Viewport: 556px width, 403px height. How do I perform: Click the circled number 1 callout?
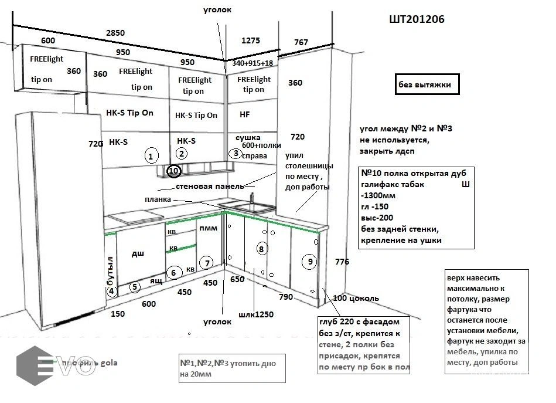click(x=151, y=156)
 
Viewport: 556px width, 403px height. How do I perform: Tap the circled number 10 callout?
click(x=173, y=171)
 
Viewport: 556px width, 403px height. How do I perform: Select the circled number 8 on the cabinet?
click(x=262, y=249)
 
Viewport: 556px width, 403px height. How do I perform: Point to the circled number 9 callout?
click(x=310, y=262)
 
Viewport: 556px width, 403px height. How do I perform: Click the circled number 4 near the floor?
click(x=112, y=290)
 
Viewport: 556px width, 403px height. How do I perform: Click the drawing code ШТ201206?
click(x=417, y=19)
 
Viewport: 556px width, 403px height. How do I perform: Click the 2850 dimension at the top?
click(x=115, y=33)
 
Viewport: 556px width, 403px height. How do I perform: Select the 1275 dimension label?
click(x=250, y=40)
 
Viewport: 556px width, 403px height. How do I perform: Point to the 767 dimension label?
click(x=301, y=42)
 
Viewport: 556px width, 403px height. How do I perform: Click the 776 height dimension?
click(x=343, y=262)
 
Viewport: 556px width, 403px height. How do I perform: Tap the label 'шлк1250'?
click(x=255, y=314)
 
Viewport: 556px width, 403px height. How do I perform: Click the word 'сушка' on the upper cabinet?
click(x=247, y=137)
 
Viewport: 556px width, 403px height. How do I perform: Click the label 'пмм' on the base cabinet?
click(x=208, y=228)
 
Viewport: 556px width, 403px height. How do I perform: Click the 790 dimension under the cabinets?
click(x=285, y=296)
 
